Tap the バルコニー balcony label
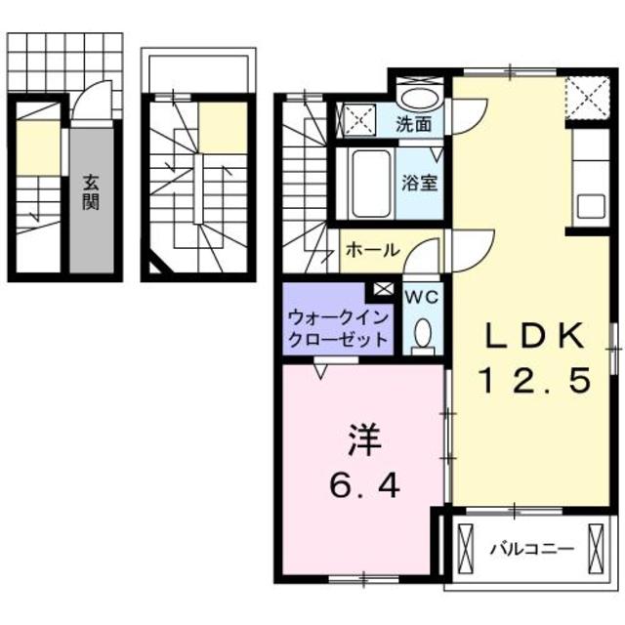[x=531, y=549]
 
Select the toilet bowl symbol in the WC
[x=423, y=335]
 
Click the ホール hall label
[x=371, y=250]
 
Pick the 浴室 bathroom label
[x=420, y=182]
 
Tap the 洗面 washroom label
[x=414, y=124]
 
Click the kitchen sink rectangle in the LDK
[x=593, y=207]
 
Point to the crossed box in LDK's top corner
[x=589, y=98]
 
